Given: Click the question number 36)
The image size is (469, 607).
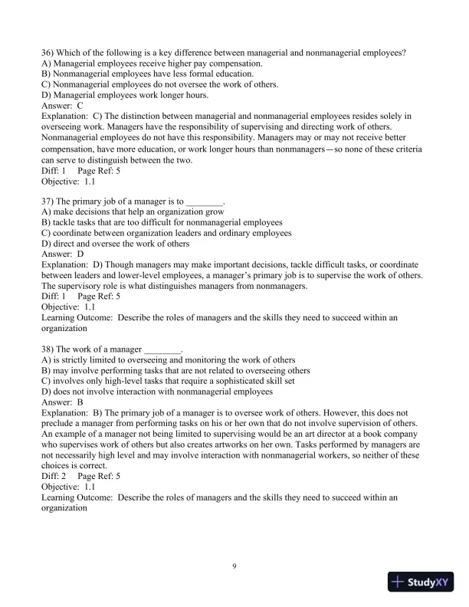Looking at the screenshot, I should click(48, 52).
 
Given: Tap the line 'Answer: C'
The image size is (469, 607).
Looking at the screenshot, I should click(62, 106).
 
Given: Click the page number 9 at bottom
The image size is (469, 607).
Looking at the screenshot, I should click(235, 566).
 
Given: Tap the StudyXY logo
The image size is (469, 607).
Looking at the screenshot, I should click(421, 582).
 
